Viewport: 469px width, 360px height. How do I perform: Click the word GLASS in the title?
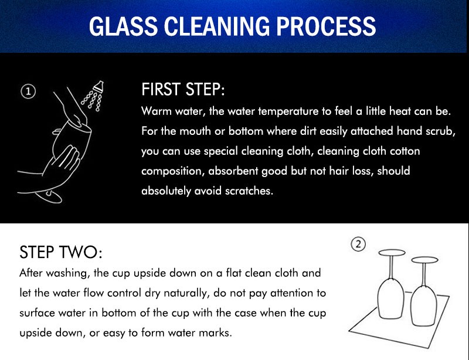pos(124,26)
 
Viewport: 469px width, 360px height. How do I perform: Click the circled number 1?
pos(28,91)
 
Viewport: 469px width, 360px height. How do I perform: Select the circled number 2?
pos(358,244)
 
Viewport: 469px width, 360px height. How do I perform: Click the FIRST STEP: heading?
pos(183,89)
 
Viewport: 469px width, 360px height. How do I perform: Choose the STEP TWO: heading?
pos(61,252)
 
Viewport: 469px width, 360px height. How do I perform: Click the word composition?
pos(172,171)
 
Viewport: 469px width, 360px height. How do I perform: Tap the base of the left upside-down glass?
pos(392,253)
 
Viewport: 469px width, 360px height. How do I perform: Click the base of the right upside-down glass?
pos(424,260)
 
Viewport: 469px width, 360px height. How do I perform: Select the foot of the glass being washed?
pos(49,196)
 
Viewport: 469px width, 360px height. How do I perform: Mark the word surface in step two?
pos(37,313)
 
